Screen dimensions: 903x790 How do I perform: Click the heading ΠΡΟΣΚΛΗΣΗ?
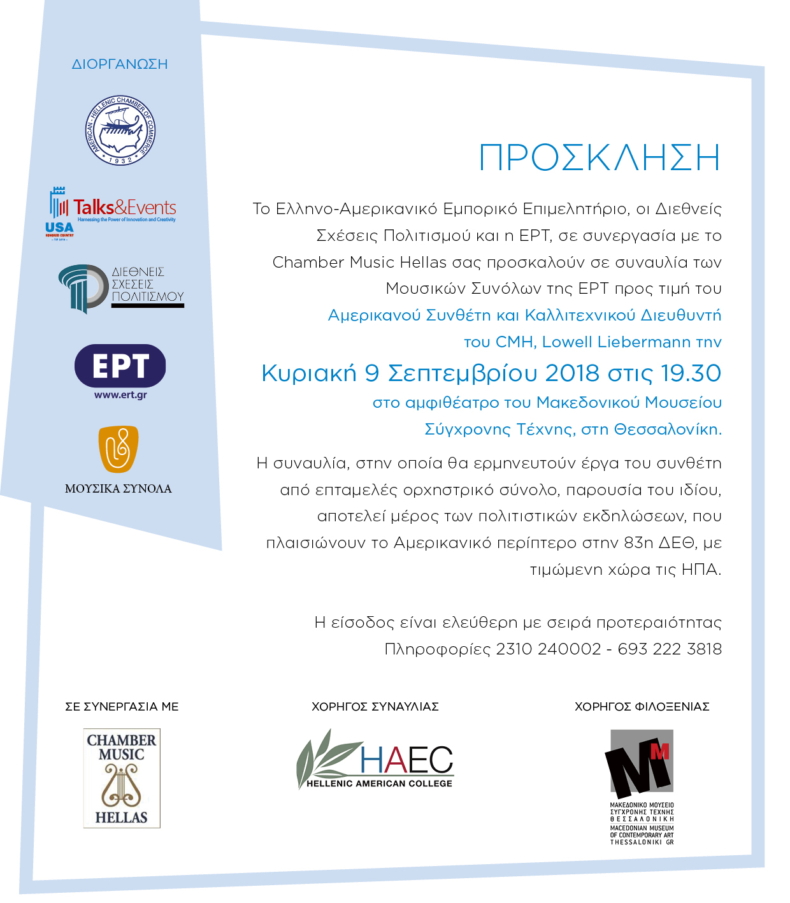[x=599, y=158]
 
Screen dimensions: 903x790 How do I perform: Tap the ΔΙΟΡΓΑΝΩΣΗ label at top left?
[x=120, y=64]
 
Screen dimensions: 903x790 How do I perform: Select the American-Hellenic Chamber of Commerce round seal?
[x=120, y=131]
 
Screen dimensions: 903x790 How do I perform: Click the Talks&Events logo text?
[x=125, y=208]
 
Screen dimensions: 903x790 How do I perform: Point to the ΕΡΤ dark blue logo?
[x=120, y=366]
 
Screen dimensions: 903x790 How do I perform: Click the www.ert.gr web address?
[x=120, y=395]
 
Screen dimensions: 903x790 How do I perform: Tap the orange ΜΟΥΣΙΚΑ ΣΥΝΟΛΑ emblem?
[x=118, y=449]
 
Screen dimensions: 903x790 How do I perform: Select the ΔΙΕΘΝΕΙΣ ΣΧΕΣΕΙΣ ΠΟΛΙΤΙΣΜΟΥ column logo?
[x=121, y=288]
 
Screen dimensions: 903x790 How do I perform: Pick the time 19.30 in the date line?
[x=691, y=373]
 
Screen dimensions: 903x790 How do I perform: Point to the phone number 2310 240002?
[x=548, y=649]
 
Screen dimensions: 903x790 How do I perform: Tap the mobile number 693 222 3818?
[x=670, y=649]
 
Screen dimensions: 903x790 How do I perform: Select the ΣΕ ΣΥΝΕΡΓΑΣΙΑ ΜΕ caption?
[x=122, y=707]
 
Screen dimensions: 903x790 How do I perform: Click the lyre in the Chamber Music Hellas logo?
[x=120, y=786]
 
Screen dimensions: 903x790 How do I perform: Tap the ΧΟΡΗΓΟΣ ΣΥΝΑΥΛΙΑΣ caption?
[x=375, y=707]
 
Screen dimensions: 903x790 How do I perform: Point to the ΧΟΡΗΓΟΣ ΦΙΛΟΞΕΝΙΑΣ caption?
[x=642, y=707]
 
